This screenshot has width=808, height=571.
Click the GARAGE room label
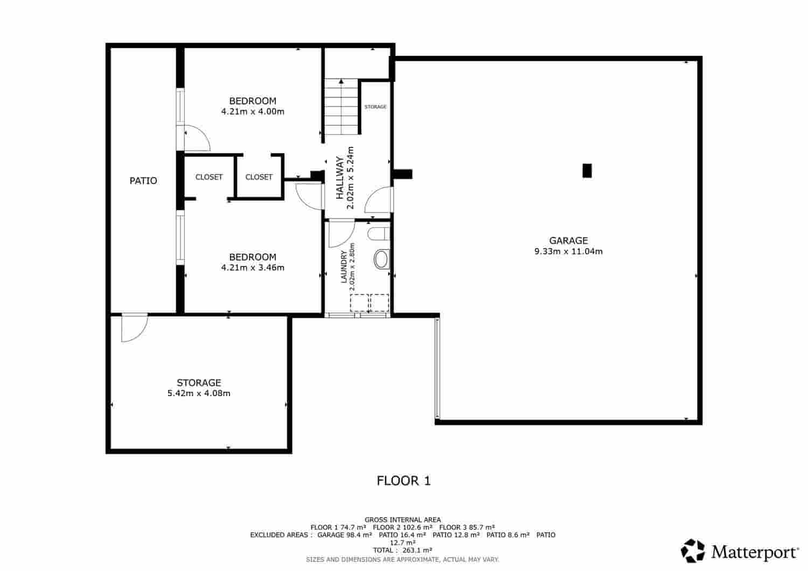[x=568, y=241]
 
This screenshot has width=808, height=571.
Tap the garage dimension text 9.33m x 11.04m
[x=568, y=251]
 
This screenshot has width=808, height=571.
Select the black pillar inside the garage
[x=587, y=171]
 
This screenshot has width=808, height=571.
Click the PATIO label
[x=143, y=181]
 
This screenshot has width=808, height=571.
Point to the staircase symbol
[x=341, y=107]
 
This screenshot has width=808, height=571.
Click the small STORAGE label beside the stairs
[x=375, y=107]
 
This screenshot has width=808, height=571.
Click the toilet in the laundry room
[x=378, y=234]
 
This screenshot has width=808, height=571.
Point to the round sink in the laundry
[x=381, y=259]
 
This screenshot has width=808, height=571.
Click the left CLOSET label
[x=209, y=177]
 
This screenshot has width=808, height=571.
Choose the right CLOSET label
[x=259, y=177]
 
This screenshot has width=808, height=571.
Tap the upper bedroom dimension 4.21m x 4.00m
[x=253, y=112]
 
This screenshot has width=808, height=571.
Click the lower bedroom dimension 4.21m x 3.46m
[x=253, y=267]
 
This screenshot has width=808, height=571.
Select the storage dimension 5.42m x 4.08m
[x=199, y=393]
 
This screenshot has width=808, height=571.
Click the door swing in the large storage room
[x=133, y=328]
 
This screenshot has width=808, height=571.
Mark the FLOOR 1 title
[x=403, y=481]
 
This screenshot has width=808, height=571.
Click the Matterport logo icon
[x=693, y=551]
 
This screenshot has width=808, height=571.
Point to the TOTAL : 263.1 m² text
[x=403, y=550]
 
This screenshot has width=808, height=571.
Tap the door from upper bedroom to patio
[x=196, y=138]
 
